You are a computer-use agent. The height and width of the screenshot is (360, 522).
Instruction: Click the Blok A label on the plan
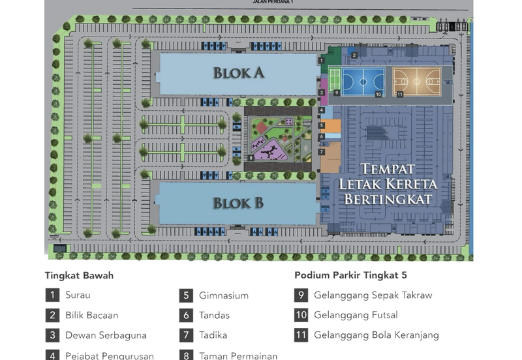(238, 72)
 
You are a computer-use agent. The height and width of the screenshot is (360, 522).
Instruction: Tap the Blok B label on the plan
(238, 203)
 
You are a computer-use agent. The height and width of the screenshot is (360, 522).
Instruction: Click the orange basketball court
(416, 82)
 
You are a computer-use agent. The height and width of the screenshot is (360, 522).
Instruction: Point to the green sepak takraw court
(335, 80)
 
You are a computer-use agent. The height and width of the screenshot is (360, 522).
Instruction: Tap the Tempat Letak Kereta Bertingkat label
(388, 185)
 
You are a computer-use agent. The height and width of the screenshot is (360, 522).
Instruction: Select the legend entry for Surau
(78, 295)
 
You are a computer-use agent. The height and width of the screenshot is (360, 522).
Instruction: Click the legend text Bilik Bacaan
(91, 315)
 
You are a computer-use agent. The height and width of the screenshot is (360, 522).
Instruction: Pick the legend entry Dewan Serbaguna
(106, 335)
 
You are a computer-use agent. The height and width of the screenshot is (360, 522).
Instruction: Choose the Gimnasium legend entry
(224, 295)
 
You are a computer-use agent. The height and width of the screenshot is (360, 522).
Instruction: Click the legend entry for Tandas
(214, 315)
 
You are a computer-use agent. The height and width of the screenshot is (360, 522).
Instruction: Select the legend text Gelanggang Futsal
(356, 315)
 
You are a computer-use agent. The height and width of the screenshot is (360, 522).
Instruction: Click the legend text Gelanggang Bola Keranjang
(376, 335)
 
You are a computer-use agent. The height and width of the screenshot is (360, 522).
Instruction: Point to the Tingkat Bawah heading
(79, 275)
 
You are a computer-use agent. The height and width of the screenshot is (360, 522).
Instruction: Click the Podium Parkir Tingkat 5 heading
(350, 275)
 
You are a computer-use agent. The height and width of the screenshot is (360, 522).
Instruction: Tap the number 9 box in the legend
(301, 295)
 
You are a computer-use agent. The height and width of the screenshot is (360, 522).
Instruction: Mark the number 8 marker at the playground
(251, 158)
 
